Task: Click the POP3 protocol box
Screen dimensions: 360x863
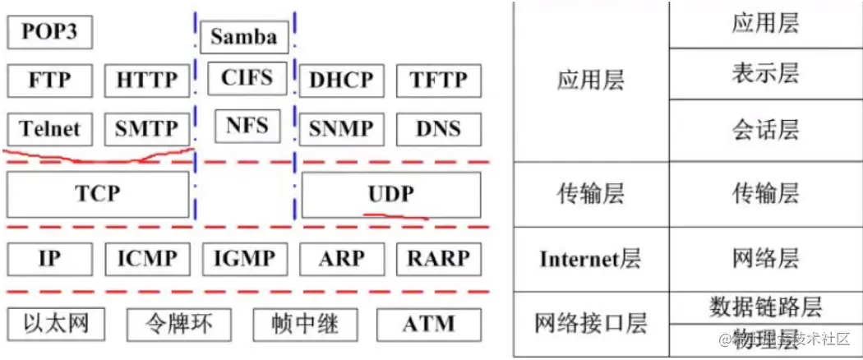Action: (x=49, y=33)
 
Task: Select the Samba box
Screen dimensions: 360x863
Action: (x=244, y=36)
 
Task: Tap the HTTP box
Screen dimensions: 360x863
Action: (x=147, y=80)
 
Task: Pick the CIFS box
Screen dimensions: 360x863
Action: (x=247, y=78)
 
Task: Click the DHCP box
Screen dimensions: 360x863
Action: (x=341, y=81)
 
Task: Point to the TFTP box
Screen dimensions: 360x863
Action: (x=439, y=81)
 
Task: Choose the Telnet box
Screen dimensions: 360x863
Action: (x=50, y=128)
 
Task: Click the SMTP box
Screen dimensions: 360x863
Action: (x=147, y=128)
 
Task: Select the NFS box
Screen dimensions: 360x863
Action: (x=247, y=127)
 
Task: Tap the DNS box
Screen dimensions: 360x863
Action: (x=439, y=128)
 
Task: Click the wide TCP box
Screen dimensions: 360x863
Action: (x=98, y=194)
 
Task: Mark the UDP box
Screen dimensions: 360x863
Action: (x=391, y=194)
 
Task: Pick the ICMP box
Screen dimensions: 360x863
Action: (x=147, y=259)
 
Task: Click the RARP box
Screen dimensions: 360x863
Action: (x=439, y=259)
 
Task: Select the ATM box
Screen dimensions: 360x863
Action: (x=428, y=324)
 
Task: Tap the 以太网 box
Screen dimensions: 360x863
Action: (x=56, y=323)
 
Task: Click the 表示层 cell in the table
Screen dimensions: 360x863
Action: (x=765, y=74)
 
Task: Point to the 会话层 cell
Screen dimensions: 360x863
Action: (x=765, y=130)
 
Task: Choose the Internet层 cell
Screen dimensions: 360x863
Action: (x=590, y=260)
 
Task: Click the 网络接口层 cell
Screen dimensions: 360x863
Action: (x=590, y=323)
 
